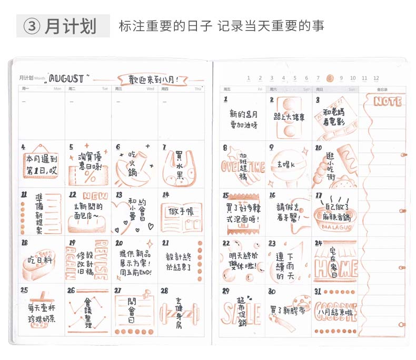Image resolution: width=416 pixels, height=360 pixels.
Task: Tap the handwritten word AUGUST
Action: click(x=66, y=79)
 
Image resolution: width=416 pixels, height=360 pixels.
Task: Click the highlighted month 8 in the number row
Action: click(x=330, y=78)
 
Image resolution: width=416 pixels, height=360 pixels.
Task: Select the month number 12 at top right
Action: click(x=376, y=78)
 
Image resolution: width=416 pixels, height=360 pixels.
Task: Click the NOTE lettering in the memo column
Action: click(x=387, y=101)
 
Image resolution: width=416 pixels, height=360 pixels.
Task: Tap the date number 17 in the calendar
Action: click(x=319, y=195)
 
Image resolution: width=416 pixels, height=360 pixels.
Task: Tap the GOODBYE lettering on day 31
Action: click(x=336, y=311)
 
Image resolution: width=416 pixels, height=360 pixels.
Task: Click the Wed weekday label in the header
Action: click(x=151, y=89)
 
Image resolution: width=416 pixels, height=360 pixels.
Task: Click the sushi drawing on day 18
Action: click(x=38, y=262)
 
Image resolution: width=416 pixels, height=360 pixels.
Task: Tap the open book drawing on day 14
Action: click(x=179, y=216)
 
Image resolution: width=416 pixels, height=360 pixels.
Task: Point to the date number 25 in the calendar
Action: click(x=24, y=290)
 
